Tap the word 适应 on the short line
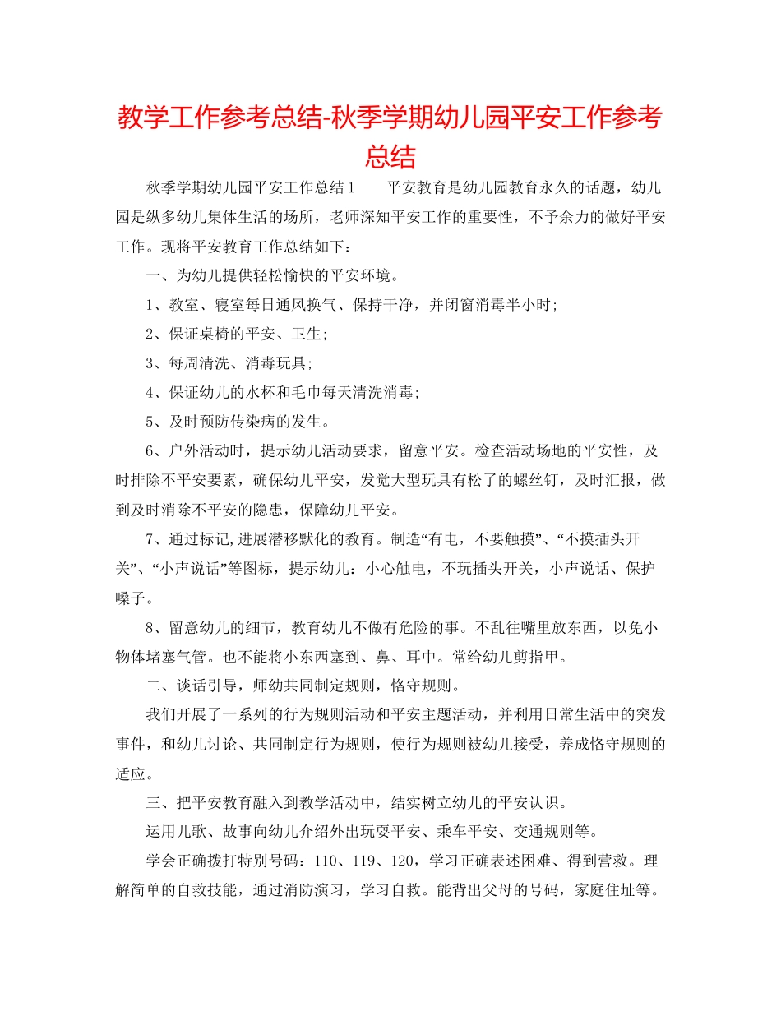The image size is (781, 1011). (x=129, y=773)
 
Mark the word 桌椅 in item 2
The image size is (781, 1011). (x=226, y=334)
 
